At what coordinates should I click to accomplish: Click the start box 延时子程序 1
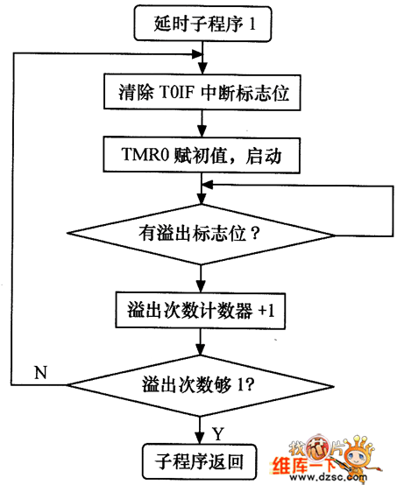[202, 24]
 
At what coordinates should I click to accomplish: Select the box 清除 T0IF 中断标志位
[202, 92]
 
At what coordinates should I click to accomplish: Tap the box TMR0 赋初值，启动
[202, 155]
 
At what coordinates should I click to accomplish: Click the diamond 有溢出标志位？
[201, 234]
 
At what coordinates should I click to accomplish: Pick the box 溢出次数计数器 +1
[201, 310]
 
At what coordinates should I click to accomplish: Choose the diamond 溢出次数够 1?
[201, 385]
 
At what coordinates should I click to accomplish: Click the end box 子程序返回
[200, 462]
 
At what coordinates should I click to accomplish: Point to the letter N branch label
[41, 372]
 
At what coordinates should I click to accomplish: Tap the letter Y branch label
[218, 433]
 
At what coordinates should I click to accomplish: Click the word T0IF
[176, 92]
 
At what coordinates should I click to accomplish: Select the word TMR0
[145, 154]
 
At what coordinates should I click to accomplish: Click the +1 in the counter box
[266, 310]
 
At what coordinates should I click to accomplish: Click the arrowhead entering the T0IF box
[202, 68]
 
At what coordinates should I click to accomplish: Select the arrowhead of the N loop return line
[197, 54]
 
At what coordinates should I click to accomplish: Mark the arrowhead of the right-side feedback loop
[207, 185]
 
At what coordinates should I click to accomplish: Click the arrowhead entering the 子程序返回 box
[200, 439]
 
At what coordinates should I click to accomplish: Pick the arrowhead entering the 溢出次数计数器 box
[201, 286]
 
